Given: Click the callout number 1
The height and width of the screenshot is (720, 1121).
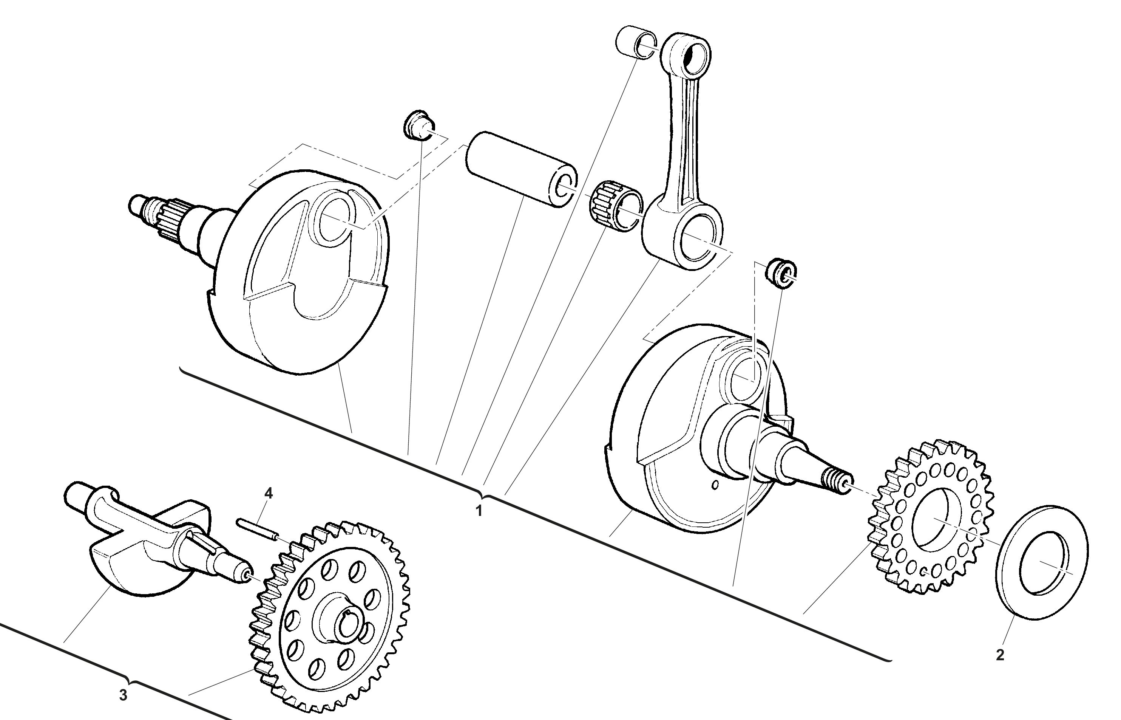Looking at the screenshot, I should point(478,511).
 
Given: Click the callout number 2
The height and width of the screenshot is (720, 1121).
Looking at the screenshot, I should point(999,655).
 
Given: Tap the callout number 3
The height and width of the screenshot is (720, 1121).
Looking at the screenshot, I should point(123,695).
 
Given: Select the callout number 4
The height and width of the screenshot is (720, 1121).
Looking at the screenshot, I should point(268,493).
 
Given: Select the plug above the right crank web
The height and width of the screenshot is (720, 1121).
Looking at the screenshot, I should point(780,273).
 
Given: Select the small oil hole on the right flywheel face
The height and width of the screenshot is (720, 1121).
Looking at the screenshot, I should point(715,485).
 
